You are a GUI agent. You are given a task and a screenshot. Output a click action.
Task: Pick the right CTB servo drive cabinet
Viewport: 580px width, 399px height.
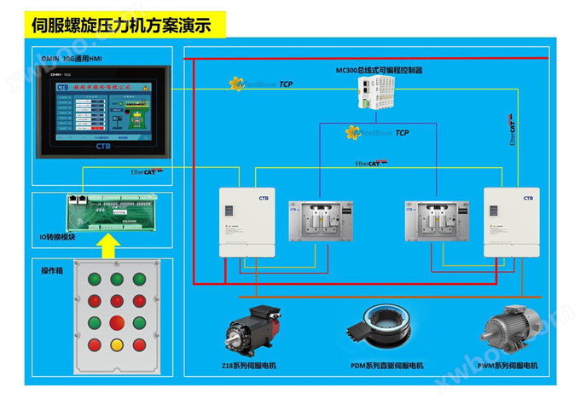coord(510,222)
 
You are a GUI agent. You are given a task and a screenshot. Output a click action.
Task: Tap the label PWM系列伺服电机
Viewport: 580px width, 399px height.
coord(509,366)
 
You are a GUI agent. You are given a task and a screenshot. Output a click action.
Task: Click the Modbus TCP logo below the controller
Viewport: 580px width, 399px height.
coord(377,132)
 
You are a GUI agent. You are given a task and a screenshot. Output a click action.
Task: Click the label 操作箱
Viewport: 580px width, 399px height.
coord(54,270)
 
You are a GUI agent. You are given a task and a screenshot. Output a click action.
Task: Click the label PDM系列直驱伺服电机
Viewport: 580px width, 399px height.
coord(387,366)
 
